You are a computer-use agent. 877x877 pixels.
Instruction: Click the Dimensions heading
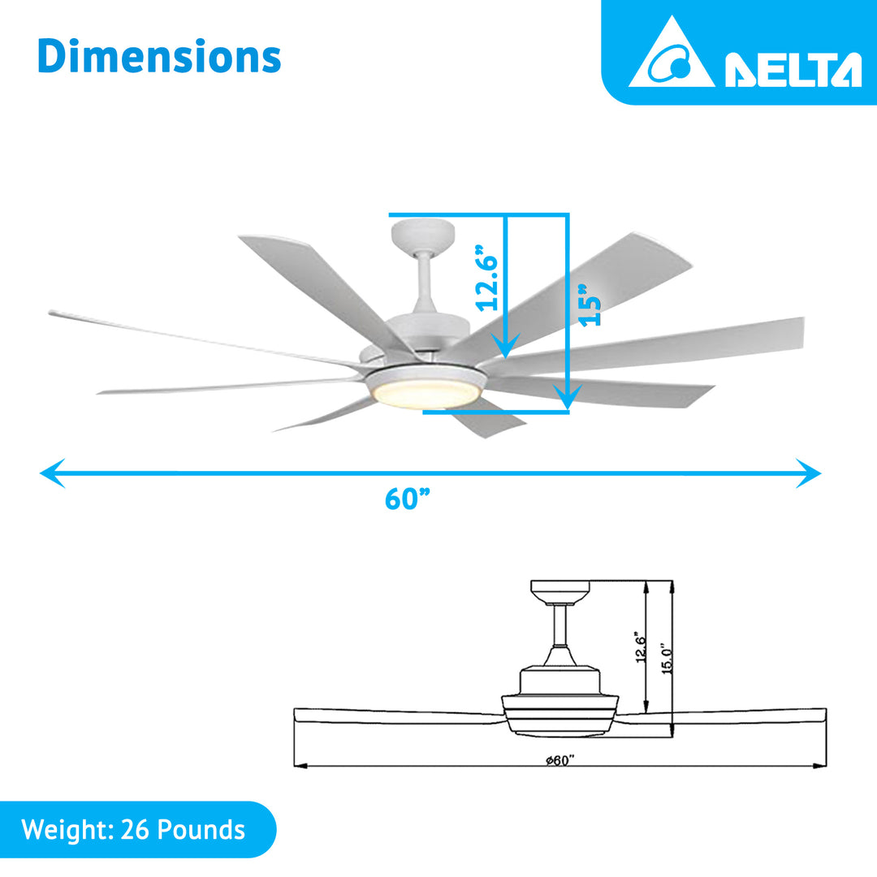[159, 57]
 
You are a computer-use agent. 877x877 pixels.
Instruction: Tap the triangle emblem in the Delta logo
[672, 55]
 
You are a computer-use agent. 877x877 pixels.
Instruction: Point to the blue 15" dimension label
[590, 305]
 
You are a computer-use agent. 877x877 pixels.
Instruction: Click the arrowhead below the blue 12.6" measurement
[505, 348]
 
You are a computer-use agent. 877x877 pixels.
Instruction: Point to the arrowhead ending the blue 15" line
[568, 397]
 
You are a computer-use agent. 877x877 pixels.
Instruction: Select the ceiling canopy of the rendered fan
[422, 235]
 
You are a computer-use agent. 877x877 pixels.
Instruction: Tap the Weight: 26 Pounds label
[134, 830]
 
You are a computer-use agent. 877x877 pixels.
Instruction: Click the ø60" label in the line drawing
[560, 759]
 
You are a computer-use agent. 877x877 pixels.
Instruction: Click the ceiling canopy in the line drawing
[560, 591]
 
